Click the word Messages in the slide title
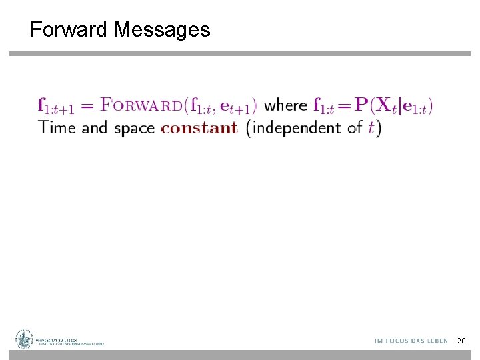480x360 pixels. pyautogui.click(x=162, y=30)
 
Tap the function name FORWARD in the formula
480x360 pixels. pyautogui.click(x=141, y=105)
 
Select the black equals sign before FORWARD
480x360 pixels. pyautogui.click(x=88, y=105)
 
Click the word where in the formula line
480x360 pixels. pyautogui.click(x=286, y=105)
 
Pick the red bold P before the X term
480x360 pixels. pyautogui.click(x=361, y=105)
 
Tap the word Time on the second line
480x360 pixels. pyautogui.click(x=57, y=127)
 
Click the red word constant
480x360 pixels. pyautogui.click(x=199, y=127)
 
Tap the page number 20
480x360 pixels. pyautogui.click(x=461, y=341)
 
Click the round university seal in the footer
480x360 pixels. pyautogui.click(x=25, y=339)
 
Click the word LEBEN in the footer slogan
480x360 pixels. pyautogui.click(x=437, y=341)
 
